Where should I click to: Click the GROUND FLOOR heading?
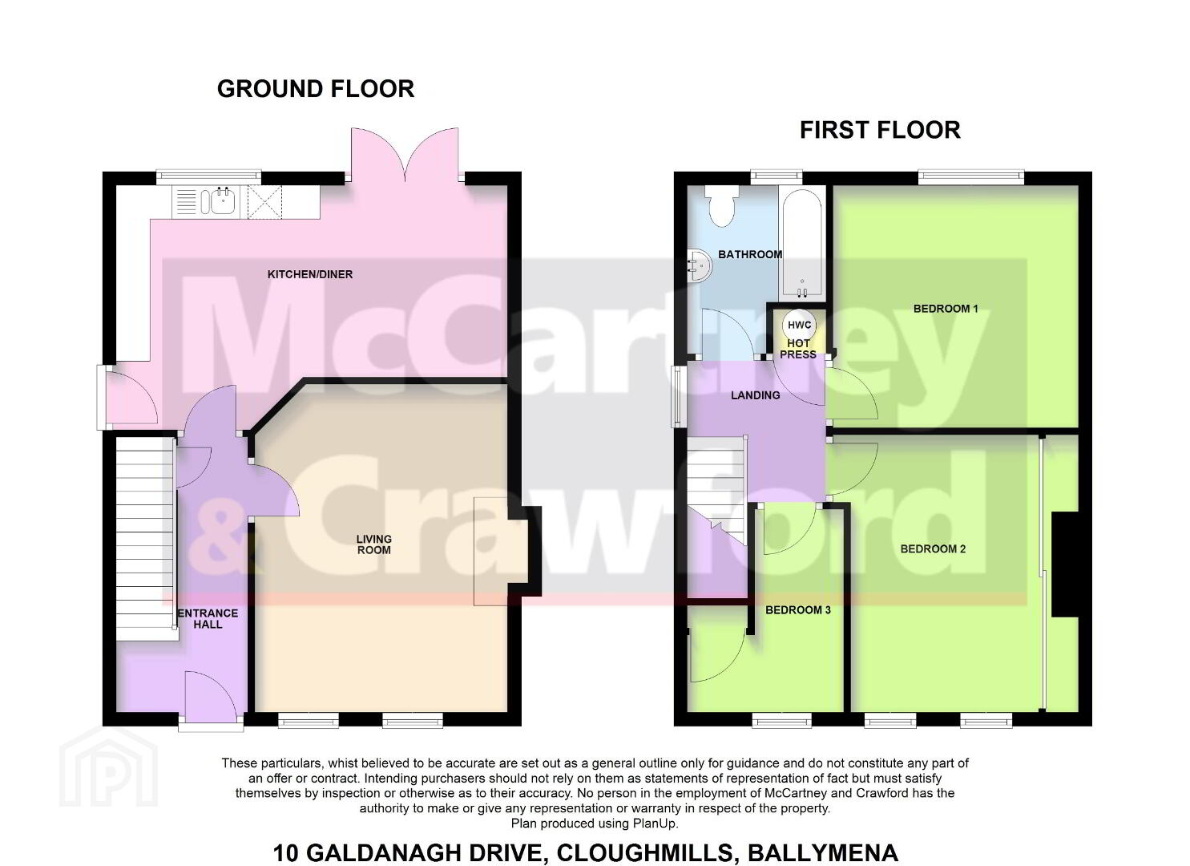pos(316,89)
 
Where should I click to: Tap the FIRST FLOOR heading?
pos(881,130)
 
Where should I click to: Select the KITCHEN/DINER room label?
pos(309,274)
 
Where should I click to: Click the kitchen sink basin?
pos(223,201)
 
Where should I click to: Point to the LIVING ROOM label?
pos(373,544)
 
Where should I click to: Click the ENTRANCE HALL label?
pos(208,619)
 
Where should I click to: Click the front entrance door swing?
pos(210,694)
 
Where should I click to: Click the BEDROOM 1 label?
pos(946,309)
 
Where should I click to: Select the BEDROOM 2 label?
pos(933,548)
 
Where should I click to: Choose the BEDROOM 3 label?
pos(798,609)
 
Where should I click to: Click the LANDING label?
pos(756,395)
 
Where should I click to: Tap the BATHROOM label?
pos(750,254)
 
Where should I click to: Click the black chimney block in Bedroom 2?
pos(1065,565)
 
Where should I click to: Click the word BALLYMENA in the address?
pos(823,852)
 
